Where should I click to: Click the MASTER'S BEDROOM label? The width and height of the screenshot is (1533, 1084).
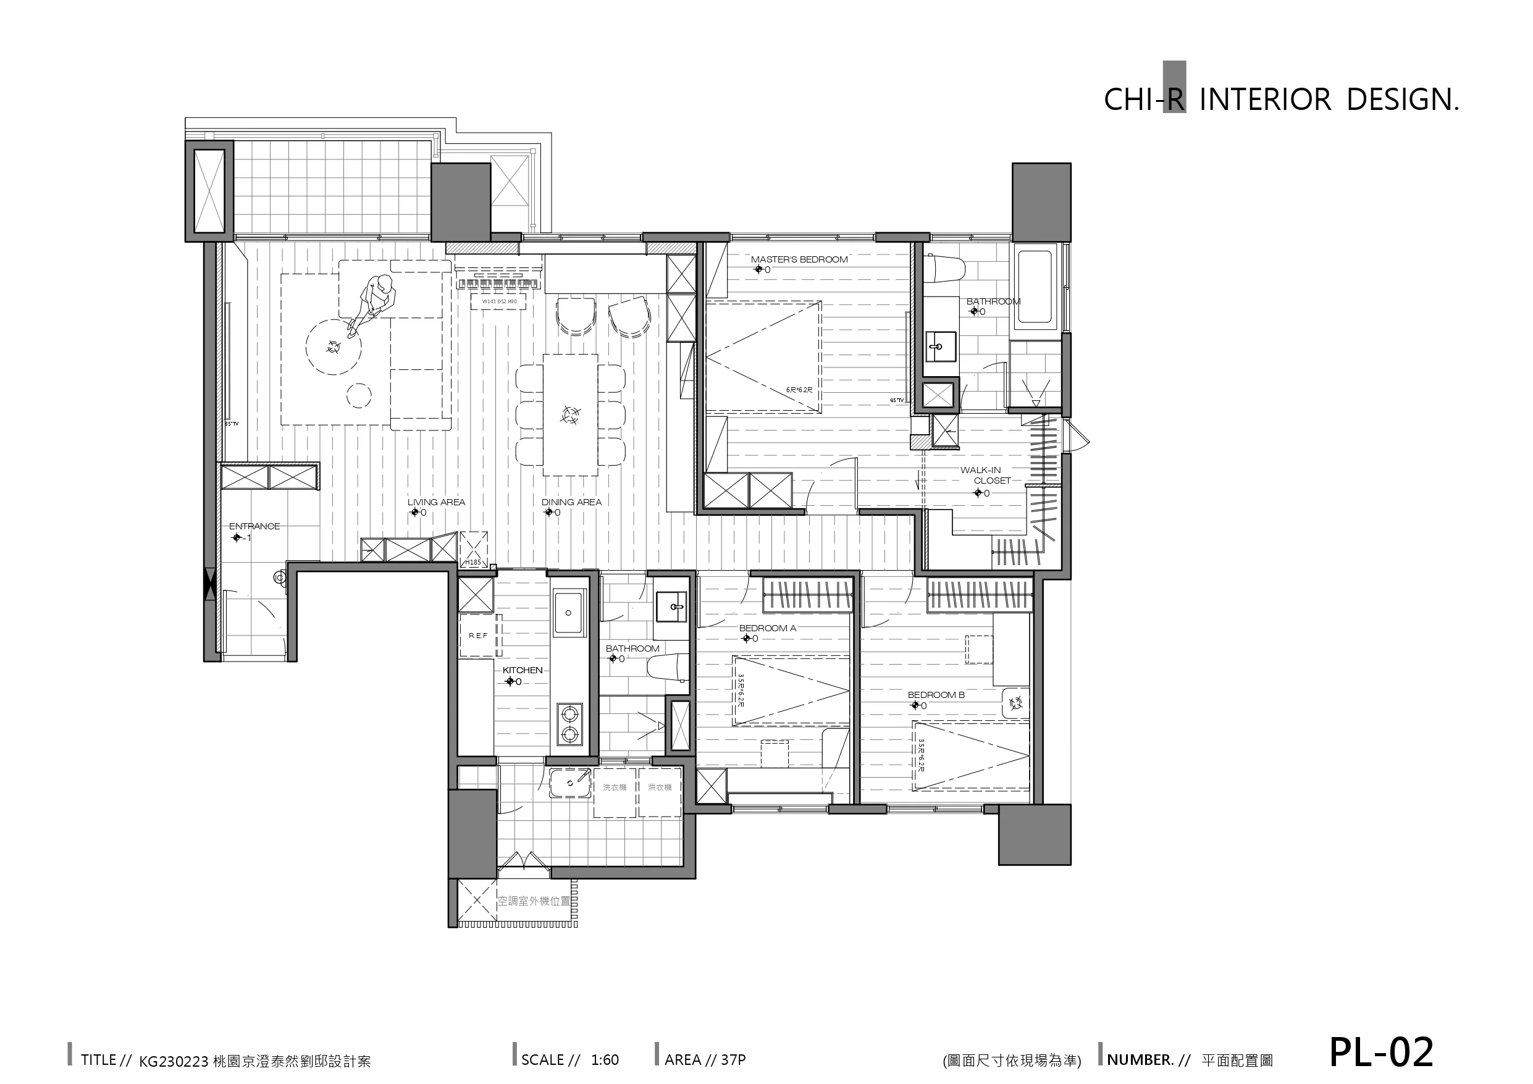coord(799,259)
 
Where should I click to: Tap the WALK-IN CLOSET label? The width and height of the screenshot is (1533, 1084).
coord(985,475)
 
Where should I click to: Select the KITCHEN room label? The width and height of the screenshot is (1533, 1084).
coord(522,670)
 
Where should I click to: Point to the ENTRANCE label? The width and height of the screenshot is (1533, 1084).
coord(254,526)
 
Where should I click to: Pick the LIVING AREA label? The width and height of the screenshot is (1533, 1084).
coord(436,502)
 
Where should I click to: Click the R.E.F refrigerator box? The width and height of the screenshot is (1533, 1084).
coord(478,635)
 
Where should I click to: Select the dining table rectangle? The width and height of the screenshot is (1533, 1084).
coord(569,414)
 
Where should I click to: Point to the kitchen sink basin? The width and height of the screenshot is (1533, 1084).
coord(568,611)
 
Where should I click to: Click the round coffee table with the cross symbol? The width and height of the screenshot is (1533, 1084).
coord(333,347)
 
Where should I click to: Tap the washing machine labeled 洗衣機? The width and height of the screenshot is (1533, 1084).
coord(615,792)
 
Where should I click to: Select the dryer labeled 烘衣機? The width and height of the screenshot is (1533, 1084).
coord(660,792)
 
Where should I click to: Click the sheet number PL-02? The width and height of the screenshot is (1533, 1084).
coord(1381,1052)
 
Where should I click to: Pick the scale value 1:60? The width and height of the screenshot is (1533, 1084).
coord(605,1060)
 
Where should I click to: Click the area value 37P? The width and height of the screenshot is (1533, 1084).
coord(733,1060)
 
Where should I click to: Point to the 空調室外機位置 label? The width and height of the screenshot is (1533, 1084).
coord(534,901)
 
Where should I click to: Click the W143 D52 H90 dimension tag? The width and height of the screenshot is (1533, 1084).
coord(499,302)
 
